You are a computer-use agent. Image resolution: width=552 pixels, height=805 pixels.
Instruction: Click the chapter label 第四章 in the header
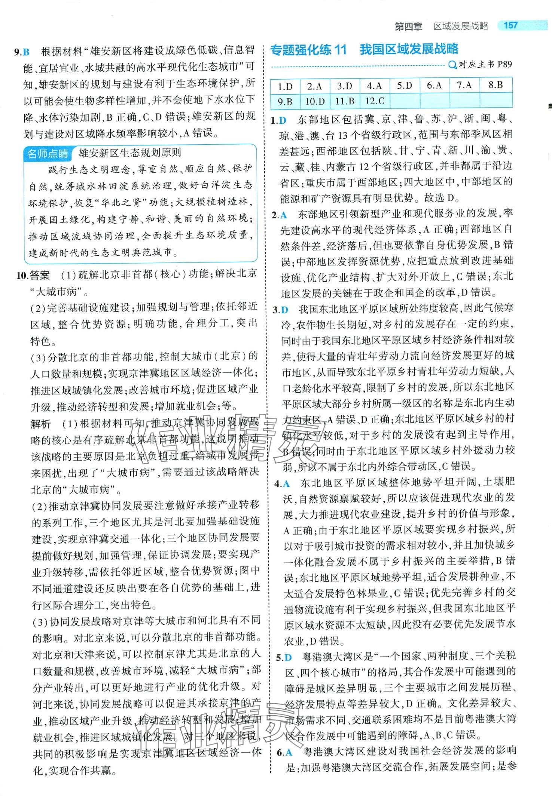(x=408, y=26)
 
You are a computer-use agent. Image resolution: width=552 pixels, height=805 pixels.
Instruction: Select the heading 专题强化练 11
(x=308, y=49)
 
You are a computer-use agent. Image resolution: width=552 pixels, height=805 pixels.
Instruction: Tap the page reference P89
(x=504, y=64)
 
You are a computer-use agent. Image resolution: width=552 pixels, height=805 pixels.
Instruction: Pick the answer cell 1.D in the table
(x=285, y=86)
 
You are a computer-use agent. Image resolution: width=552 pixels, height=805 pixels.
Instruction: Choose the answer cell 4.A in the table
(x=374, y=86)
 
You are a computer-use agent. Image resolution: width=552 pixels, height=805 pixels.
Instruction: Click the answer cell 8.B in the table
(x=495, y=86)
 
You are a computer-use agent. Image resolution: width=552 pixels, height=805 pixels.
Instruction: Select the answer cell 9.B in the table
(x=285, y=101)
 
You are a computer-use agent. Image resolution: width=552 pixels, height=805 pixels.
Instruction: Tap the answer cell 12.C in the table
(x=375, y=101)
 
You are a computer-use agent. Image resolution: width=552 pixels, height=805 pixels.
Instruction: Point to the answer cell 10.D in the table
(x=315, y=101)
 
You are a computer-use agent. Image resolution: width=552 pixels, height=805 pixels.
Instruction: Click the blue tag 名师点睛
(x=48, y=153)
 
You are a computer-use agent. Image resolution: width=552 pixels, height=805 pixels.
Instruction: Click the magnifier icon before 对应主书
(x=452, y=65)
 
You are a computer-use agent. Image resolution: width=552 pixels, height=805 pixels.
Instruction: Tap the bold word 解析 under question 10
(x=41, y=424)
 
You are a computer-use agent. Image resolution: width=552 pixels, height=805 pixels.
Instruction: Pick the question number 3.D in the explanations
(x=281, y=310)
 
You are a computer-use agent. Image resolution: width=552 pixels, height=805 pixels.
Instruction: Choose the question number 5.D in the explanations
(x=284, y=657)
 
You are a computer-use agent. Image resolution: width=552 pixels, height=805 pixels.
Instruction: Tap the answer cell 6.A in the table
(x=434, y=86)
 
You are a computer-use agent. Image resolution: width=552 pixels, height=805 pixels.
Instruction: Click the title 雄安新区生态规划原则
(x=130, y=153)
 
